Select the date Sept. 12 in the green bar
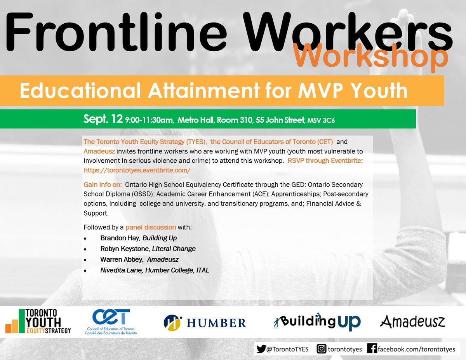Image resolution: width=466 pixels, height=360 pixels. (x=103, y=119)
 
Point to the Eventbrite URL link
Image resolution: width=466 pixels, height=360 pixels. (x=137, y=170)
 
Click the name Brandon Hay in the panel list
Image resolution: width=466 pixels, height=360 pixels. (x=117, y=238)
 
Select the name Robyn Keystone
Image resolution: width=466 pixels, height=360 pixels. (x=125, y=249)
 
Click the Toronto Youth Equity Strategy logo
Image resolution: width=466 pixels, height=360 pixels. (x=38, y=321)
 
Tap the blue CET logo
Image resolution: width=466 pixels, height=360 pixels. (x=112, y=321)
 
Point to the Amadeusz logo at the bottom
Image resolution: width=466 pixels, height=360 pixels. (x=412, y=322)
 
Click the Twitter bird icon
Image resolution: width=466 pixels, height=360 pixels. (x=261, y=349)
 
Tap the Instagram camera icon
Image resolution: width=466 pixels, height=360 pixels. (x=322, y=349)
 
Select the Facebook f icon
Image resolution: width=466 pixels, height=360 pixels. (x=372, y=349)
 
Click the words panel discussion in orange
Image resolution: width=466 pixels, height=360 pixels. (x=151, y=227)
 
